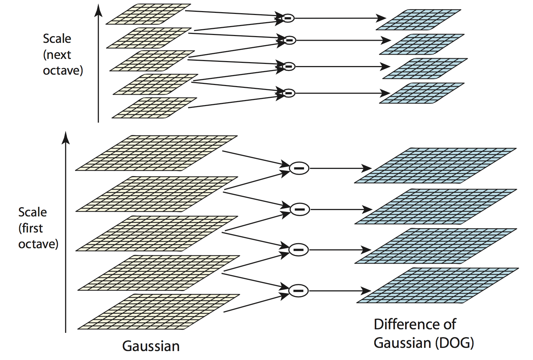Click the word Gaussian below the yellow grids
coord(151,346)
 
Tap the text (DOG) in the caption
coord(454,343)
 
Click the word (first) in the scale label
coord(31,228)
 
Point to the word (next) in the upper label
coord(57,55)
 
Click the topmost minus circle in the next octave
coord(288,18)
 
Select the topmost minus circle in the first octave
coord(299,168)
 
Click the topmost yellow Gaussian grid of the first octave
coord(156,153)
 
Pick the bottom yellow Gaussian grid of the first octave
coord(159,311)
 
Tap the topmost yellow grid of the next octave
coord(148,14)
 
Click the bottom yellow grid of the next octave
coord(154,108)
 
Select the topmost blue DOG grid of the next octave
coord(418,20)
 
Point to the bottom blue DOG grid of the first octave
coord(438,285)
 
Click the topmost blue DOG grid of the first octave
coord(435,165)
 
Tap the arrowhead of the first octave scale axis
coord(65,137)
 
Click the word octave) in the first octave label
coord(38,244)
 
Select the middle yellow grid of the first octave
coord(157,233)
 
